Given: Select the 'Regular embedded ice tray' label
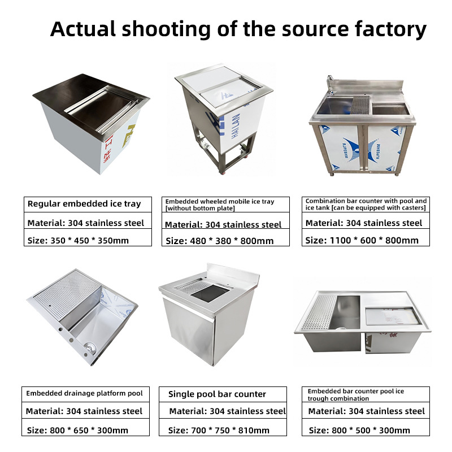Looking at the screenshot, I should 84,203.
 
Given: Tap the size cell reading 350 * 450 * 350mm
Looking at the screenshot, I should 78,240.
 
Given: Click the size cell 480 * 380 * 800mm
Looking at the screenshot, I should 220,241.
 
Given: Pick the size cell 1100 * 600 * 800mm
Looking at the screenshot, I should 362,240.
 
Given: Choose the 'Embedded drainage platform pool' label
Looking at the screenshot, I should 85,393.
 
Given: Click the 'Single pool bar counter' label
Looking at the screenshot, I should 218,394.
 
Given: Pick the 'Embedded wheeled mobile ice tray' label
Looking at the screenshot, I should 220,205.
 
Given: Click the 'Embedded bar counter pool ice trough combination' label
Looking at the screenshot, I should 356,394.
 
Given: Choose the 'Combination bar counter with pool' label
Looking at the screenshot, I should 366,204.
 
